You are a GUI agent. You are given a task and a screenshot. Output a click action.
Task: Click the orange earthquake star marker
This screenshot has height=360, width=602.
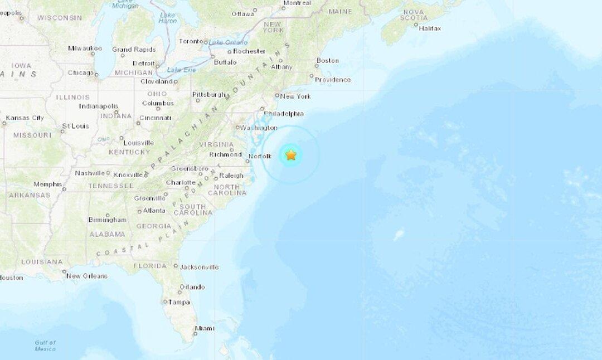291,155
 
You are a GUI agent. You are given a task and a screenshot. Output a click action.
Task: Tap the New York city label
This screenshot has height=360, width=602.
295,96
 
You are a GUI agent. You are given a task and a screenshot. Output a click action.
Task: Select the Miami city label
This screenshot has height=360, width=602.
205,328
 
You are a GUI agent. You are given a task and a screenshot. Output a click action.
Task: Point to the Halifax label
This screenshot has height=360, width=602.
430,28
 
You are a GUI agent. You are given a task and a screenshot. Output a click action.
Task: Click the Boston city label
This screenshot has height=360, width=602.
328,61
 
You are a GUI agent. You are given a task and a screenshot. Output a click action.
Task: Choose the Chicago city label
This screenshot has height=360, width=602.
80,72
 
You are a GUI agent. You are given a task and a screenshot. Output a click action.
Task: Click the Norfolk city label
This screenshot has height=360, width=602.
260,157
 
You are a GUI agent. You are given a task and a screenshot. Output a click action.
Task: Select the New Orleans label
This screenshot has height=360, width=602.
87,276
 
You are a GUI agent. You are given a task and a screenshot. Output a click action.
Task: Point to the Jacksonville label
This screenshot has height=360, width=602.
199,267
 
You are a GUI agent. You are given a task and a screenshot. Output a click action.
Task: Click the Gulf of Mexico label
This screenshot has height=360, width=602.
45,346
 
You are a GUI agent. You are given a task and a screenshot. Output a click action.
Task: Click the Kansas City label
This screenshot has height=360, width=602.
25,118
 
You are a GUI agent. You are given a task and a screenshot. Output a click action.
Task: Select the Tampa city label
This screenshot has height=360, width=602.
179,302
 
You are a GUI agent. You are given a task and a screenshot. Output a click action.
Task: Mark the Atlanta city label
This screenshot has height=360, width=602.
154,211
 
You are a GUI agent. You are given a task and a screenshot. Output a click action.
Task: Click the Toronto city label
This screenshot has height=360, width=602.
190,41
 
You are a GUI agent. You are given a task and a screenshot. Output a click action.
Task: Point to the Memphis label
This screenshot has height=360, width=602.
47,184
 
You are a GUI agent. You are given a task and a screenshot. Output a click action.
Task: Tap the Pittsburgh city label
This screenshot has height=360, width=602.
209,94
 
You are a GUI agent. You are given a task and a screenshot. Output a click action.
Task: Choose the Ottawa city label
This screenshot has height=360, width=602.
243,13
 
